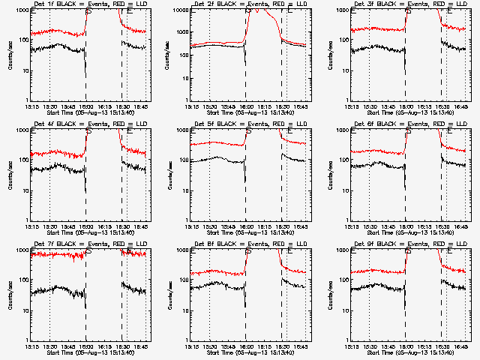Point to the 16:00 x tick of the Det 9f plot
point(406,346)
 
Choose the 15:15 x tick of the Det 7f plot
point(31,346)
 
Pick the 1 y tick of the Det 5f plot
point(187,220)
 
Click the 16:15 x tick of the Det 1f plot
point(104,106)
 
